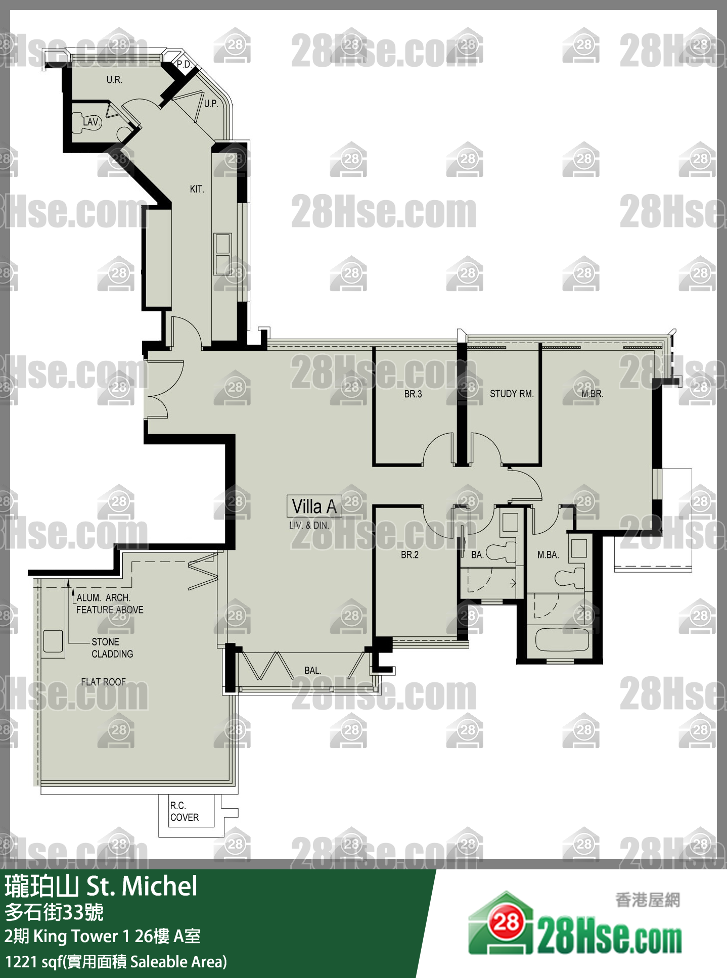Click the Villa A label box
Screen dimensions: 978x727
point(314,506)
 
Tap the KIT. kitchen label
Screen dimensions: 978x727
point(197,189)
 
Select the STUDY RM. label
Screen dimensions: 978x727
point(511,394)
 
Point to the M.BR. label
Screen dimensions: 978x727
point(592,394)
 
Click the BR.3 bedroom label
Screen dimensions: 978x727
point(413,394)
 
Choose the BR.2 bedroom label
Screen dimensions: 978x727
point(410,554)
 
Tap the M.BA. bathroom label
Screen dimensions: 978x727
point(548,554)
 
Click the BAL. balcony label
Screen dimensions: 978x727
point(312,670)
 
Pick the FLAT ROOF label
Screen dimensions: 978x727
point(103,682)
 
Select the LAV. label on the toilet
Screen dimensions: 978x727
point(91,122)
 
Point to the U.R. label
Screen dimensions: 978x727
point(114,79)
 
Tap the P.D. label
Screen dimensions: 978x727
point(184,64)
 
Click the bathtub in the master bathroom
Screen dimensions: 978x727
point(562,639)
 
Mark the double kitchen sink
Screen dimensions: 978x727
point(222,254)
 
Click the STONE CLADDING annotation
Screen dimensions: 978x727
point(112,647)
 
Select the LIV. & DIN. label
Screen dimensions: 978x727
point(309,525)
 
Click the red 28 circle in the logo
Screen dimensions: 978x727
point(506,923)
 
